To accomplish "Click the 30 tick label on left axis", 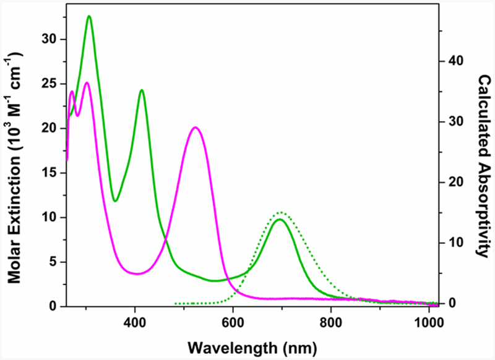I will tap(48, 40).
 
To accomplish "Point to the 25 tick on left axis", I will tap(48, 84).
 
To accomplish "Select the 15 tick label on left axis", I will tap(48, 173).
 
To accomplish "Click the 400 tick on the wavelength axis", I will tap(134, 322).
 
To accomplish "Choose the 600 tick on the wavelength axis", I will tap(233, 322).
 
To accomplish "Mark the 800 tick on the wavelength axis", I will tap(331, 322).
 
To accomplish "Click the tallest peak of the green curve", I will tap(89, 16).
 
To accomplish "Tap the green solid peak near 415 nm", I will tap(142, 90).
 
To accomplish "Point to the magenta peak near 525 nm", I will tap(195, 127).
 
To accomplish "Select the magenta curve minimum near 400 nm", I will tap(136, 273).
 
